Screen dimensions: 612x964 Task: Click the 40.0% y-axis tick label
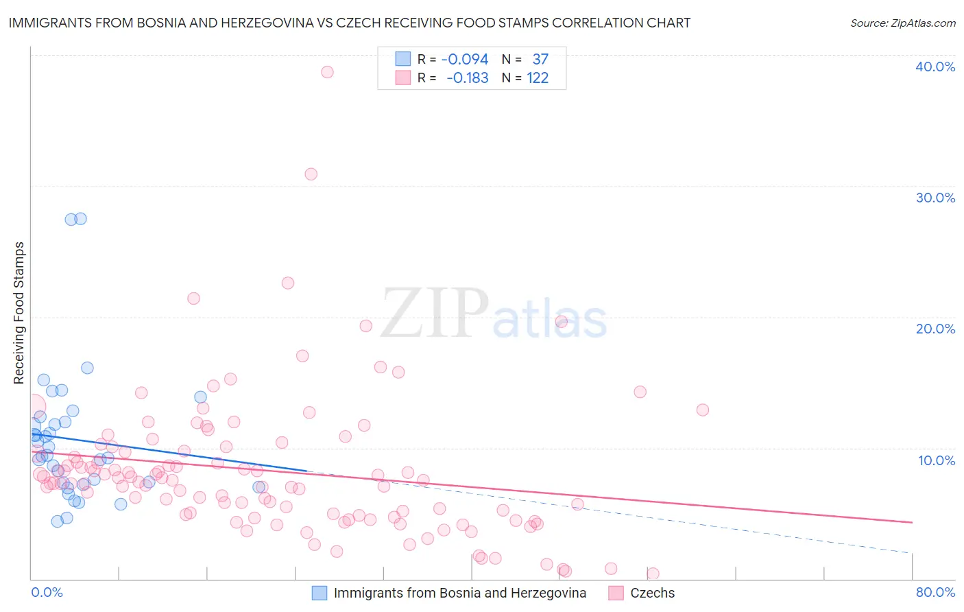[935, 67]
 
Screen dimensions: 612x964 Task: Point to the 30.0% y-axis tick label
[935, 198]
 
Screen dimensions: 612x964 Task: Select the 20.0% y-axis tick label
[935, 329]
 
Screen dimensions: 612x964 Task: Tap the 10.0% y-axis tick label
[936, 460]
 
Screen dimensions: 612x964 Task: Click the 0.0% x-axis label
[47, 592]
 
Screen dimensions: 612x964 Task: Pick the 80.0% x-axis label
[935, 592]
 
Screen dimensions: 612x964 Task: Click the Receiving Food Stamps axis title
[19, 313]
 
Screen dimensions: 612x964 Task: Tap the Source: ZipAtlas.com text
[902, 23]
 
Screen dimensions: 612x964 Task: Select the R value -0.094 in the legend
[465, 60]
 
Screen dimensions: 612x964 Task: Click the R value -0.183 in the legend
[467, 78]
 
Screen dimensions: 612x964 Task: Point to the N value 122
[538, 78]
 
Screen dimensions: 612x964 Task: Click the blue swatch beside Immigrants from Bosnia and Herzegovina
[320, 593]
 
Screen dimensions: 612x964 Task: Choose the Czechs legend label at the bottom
[652, 593]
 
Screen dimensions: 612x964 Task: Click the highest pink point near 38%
[327, 72]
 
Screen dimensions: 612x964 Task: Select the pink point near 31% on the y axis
[311, 174]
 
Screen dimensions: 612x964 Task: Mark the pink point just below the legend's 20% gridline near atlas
[561, 321]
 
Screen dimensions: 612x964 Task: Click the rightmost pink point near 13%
[702, 410]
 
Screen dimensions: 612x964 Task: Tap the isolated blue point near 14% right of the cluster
[200, 397]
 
